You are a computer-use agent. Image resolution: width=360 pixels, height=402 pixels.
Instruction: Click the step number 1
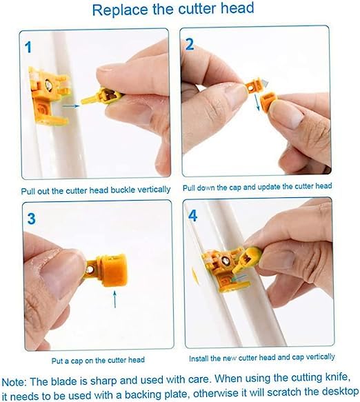click(x=28, y=48)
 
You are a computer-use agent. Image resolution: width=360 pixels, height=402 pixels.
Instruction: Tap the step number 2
click(x=190, y=45)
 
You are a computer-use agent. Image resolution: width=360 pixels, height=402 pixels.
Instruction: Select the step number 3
click(x=31, y=219)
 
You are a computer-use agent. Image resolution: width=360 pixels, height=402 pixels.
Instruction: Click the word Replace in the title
click(x=120, y=10)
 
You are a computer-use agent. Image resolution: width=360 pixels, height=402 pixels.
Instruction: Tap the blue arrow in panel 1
click(x=71, y=105)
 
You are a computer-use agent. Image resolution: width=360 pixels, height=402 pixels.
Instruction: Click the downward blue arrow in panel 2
click(x=257, y=103)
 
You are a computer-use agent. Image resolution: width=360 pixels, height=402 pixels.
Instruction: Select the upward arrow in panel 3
click(x=115, y=299)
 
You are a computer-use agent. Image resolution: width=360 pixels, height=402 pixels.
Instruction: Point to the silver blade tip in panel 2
click(x=266, y=83)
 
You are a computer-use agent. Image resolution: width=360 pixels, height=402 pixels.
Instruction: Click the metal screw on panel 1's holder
click(x=48, y=84)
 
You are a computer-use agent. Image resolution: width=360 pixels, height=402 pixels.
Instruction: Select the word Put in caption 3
click(x=57, y=361)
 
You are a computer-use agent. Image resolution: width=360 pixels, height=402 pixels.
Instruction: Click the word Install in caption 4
click(x=199, y=359)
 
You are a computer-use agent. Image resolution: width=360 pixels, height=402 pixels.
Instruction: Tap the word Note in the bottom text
click(x=14, y=382)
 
